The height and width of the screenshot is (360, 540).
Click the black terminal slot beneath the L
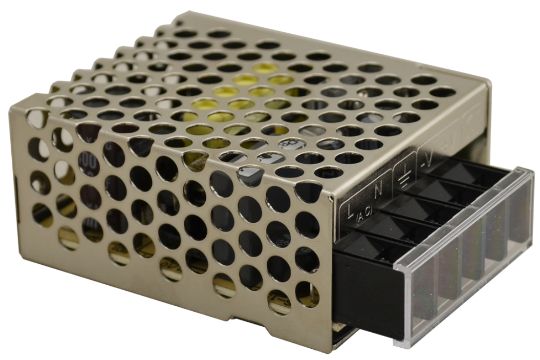[361, 239]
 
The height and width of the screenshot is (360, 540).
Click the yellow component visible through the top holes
[230, 98]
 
